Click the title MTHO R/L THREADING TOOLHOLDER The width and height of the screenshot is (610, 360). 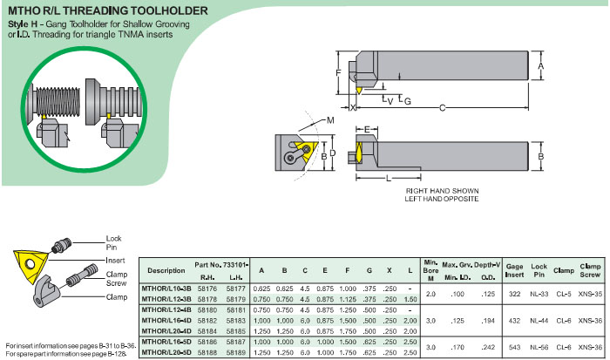pyautogui.click(x=108, y=10)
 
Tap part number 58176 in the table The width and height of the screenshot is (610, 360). pyautogui.click(x=207, y=289)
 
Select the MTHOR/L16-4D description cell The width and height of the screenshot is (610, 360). pyautogui.click(x=166, y=321)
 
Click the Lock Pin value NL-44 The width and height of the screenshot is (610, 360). pyautogui.click(x=539, y=321)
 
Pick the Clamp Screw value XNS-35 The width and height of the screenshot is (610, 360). pyautogui.click(x=590, y=294)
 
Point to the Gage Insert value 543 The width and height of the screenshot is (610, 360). pyautogui.click(x=514, y=347)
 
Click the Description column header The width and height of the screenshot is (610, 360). pyautogui.click(x=166, y=270)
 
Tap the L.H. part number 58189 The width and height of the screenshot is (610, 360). pyautogui.click(x=236, y=353)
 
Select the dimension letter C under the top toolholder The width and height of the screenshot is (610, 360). pyautogui.click(x=442, y=108)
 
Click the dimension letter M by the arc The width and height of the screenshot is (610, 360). pyautogui.click(x=330, y=120)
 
